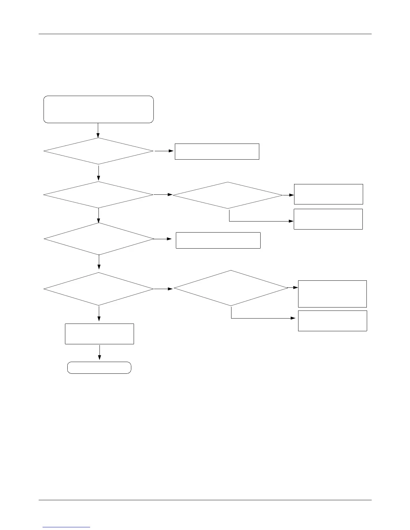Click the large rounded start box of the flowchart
point(98,109)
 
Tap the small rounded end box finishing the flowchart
point(99,367)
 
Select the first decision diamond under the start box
point(98,151)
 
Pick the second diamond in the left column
point(98,195)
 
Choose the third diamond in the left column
point(99,239)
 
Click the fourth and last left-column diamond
point(99,289)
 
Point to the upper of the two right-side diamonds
point(228,195)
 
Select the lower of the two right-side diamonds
point(231,288)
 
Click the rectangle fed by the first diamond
point(217,152)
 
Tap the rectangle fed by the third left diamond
point(218,240)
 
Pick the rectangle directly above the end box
point(99,334)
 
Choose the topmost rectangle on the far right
point(328,194)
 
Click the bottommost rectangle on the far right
point(333,321)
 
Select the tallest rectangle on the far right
point(332,294)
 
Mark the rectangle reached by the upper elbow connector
point(328,219)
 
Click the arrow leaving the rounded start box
point(98,130)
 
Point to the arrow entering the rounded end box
point(99,353)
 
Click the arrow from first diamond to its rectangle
point(164,151)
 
